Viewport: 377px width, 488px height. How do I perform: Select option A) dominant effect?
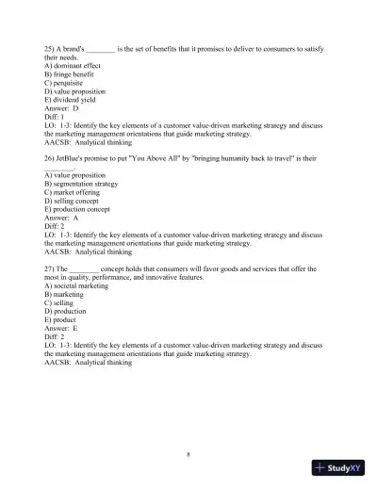(73, 65)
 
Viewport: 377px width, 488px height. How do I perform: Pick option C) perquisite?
(65, 82)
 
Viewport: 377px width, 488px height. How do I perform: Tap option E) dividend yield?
(71, 99)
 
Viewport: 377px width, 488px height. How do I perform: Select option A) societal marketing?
(76, 285)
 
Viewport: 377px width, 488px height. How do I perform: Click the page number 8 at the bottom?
(188, 453)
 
